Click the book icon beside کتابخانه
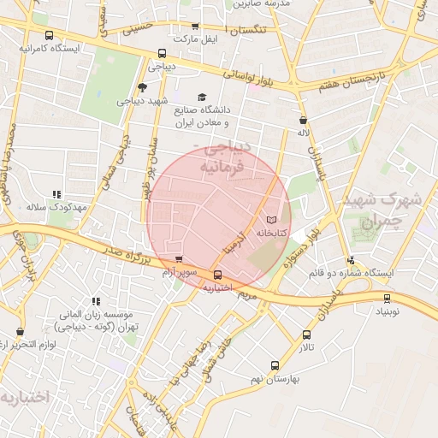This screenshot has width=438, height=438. coord(272,220)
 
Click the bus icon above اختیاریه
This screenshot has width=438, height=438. coord(218,275)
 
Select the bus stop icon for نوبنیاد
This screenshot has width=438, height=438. coord(388,299)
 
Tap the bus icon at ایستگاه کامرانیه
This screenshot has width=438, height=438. coord(49,36)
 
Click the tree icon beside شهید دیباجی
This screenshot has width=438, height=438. coord(142,86)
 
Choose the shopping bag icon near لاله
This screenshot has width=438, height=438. coord(303,121)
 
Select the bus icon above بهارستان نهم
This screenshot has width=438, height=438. coord(274,365)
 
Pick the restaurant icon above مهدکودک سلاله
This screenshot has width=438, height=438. coord(56,195)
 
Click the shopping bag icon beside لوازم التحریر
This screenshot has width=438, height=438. coord(20,331)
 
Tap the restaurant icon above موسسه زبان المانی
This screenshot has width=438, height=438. coord(96,301)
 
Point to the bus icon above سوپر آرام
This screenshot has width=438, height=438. coord(178,260)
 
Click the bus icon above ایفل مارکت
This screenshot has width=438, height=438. coord(195,27)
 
